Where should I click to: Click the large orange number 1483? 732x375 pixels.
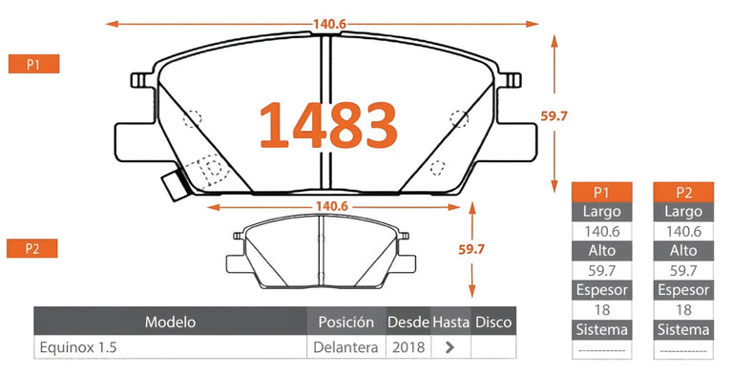coord(328,125)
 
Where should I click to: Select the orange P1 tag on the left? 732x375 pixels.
coord(33,64)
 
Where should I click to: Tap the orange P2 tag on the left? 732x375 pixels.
coord(33,249)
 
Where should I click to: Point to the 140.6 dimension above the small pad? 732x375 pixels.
coord(329,206)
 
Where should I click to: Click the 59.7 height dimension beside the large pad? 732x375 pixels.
coord(554,115)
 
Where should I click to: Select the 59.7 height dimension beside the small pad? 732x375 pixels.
coord(472,248)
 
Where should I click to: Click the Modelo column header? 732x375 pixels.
coord(170,322)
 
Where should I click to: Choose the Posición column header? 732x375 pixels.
coord(345,322)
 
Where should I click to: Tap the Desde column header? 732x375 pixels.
coord(408,322)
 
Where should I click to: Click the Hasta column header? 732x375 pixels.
coord(450,322)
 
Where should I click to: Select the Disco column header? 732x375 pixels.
coord(493,322)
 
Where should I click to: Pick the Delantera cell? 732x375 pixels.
coord(345,347)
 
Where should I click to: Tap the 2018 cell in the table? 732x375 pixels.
coord(408,347)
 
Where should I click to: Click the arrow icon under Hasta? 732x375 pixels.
coord(450,347)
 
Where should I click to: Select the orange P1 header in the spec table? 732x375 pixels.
coord(601,191)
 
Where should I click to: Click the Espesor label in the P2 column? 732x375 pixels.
coord(683,290)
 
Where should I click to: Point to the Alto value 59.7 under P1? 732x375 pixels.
coord(601,270)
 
